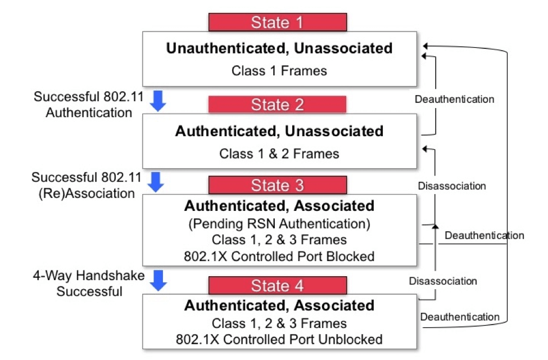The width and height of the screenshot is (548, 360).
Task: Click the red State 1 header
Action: pos(278,22)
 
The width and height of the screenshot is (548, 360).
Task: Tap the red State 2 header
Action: pos(278,105)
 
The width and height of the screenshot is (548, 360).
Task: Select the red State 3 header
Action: pos(278,185)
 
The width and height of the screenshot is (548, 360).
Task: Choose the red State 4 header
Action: pos(278,285)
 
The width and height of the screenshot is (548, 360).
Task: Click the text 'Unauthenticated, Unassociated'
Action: pos(279,48)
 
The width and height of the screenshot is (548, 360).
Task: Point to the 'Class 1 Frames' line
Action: pos(279,71)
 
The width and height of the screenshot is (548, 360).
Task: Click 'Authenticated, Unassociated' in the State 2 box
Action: pos(279,131)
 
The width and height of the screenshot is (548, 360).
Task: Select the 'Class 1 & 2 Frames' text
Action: pos(279,153)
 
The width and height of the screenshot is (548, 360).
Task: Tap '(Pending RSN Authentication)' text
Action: pos(279,223)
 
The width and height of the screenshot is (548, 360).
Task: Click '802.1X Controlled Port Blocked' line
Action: pos(279,256)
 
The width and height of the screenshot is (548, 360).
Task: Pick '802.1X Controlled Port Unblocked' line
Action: pos(279,339)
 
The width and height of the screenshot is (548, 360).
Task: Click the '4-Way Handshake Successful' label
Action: pos(89,283)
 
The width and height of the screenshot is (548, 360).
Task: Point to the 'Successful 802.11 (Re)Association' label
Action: pos(83,185)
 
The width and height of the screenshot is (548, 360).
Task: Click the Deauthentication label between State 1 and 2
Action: pos(454,100)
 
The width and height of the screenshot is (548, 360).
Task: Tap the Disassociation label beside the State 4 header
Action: pos(443,281)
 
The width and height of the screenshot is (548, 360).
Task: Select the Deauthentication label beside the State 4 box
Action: pos(459,317)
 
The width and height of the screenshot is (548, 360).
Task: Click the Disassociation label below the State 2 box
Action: pos(452,186)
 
